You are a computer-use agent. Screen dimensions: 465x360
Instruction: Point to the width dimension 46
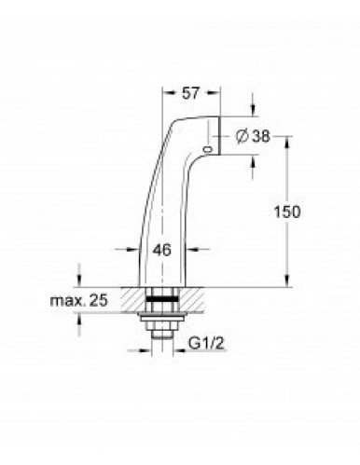coord(161,251)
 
